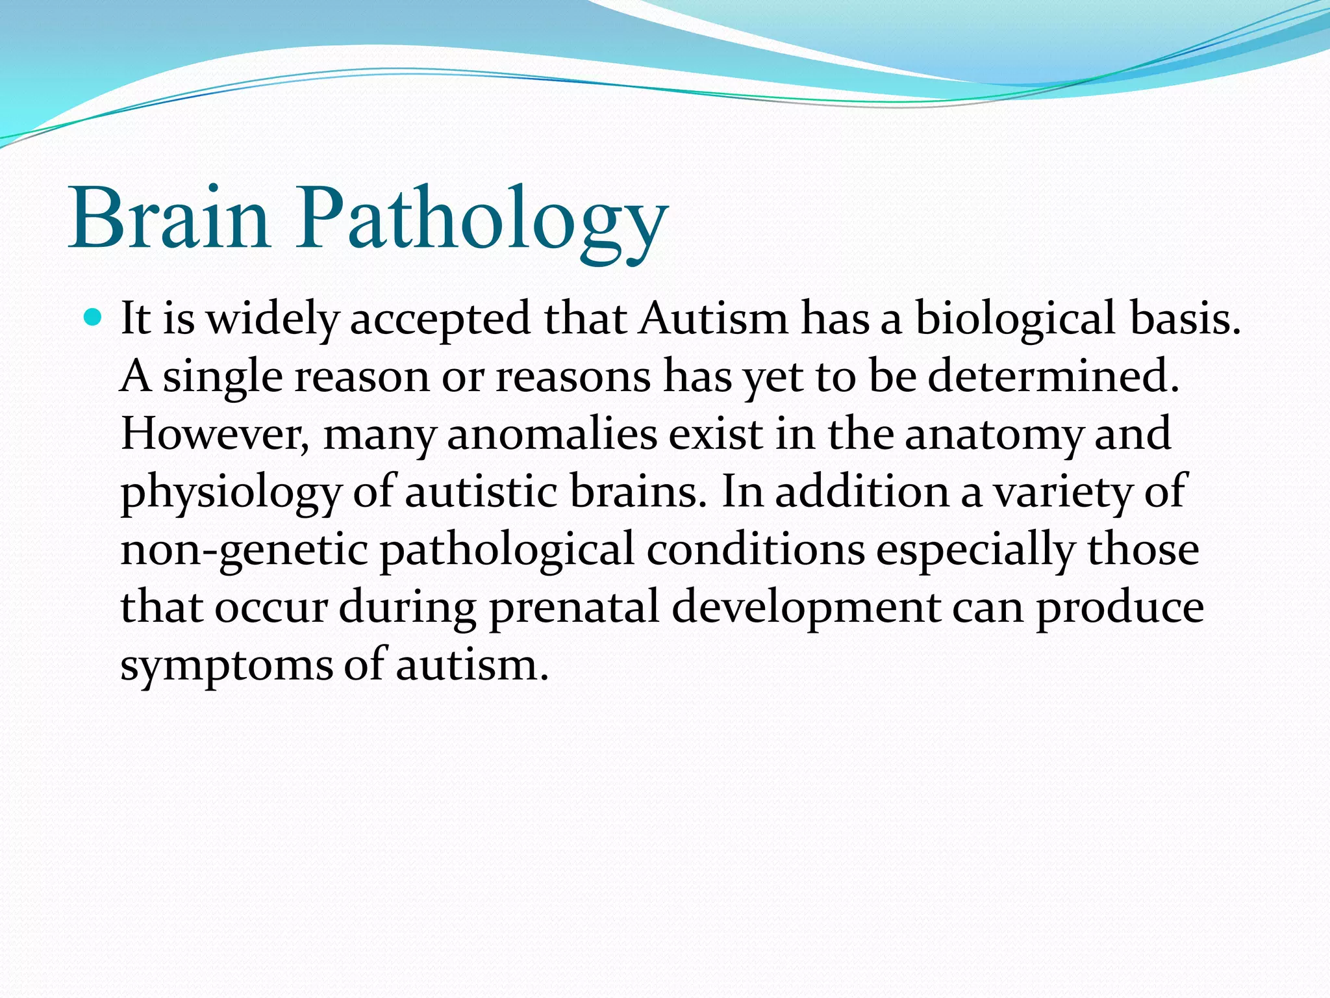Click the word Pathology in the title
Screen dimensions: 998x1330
[x=482, y=221]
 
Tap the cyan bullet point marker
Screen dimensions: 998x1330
[x=94, y=318]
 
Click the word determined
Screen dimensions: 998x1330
[x=1052, y=376]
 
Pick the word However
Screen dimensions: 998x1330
[x=214, y=434]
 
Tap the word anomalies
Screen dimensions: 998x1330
[x=552, y=434]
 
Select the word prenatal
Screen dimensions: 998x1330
[x=574, y=608]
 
